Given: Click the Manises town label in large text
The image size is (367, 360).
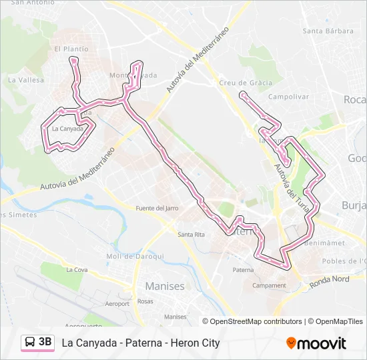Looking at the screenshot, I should (x=164, y=286).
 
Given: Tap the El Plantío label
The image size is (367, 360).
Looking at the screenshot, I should (x=71, y=49).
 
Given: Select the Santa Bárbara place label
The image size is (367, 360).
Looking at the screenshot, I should (x=328, y=31).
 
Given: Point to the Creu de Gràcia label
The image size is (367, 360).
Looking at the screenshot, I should (x=245, y=83).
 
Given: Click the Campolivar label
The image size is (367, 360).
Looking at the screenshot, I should (x=286, y=97).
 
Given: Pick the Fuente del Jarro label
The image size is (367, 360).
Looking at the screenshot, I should (x=157, y=209).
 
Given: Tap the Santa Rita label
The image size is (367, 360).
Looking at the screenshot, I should (x=191, y=234).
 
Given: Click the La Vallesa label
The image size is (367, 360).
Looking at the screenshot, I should (x=26, y=80).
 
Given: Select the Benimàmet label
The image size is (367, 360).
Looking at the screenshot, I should (x=323, y=243).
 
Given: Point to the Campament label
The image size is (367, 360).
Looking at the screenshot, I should (x=269, y=285).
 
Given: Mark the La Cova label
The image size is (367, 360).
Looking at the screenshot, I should (x=77, y=270).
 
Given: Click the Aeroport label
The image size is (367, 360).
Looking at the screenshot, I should (x=117, y=303).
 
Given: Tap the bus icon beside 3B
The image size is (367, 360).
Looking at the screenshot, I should (x=30, y=343).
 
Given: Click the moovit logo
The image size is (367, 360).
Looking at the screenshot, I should (x=316, y=343).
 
